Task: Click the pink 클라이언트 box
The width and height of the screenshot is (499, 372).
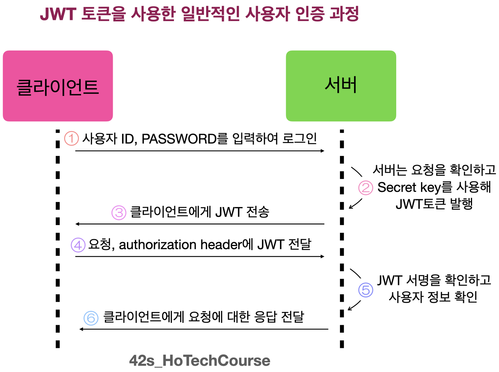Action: click(58, 86)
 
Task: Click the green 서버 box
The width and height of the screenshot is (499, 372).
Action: click(341, 86)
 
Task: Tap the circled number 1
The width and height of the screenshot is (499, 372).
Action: click(71, 138)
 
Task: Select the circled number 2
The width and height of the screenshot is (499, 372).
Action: click(366, 188)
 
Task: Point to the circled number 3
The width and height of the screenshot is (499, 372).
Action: click(119, 213)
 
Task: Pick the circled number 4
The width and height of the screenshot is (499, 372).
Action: click(78, 245)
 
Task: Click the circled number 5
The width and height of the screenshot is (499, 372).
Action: click(366, 290)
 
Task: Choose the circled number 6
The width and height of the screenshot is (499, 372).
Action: click(91, 318)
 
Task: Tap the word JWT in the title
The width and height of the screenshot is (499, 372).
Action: click(58, 14)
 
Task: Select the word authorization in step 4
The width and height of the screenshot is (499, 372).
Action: click(157, 245)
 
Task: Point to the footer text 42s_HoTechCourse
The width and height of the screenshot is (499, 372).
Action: click(200, 361)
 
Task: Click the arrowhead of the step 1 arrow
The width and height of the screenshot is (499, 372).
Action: click(322, 151)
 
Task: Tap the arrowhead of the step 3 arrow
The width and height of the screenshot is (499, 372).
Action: click(78, 224)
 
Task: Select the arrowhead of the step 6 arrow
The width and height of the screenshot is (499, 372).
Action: click(81, 329)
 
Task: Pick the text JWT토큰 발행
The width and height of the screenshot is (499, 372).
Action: click(434, 204)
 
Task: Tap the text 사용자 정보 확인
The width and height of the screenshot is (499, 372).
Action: click(433, 297)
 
